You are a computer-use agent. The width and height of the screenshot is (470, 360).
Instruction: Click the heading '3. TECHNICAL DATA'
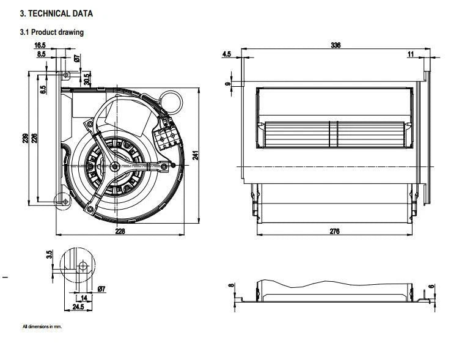(56, 13)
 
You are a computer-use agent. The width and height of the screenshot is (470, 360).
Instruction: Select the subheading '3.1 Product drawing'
(52, 32)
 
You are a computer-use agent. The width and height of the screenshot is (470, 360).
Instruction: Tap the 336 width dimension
(336, 45)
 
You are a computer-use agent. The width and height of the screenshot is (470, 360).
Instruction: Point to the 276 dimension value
(334, 231)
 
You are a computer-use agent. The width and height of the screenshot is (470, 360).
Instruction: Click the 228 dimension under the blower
(120, 231)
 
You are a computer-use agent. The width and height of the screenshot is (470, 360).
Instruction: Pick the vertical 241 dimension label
(196, 155)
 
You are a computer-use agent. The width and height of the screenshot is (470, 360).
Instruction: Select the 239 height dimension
(26, 138)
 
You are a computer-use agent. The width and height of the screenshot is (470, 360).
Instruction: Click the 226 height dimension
(34, 138)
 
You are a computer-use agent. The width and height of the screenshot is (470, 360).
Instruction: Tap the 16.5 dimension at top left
(40, 45)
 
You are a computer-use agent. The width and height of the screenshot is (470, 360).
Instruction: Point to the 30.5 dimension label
(87, 79)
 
